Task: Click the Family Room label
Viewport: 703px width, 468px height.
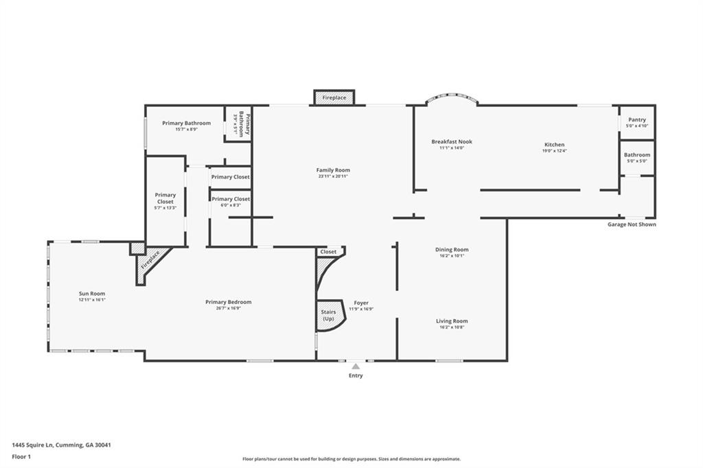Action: coord(333,170)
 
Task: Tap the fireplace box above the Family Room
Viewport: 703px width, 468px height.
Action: coord(334,98)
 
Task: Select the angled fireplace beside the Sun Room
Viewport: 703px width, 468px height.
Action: coord(150,261)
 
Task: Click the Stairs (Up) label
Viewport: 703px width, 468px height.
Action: coord(328,315)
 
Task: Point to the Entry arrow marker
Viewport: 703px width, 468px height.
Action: coord(356,366)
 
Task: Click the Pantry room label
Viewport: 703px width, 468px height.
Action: coord(636,119)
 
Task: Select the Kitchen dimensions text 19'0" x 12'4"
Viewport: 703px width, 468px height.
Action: coord(554,151)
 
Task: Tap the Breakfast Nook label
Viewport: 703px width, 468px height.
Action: coord(452,141)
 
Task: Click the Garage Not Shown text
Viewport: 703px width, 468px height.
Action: coord(631,224)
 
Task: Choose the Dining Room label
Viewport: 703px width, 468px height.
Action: coord(452,250)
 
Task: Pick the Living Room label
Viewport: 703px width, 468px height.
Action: coord(452,321)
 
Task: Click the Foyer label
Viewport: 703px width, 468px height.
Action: coord(361,303)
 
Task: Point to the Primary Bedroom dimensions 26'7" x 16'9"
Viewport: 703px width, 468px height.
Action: coord(228,308)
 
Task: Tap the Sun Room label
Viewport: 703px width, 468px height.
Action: coord(91,293)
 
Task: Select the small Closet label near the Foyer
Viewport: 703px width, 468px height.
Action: coord(328,252)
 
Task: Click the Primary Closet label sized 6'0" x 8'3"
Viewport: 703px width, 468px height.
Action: coord(231,199)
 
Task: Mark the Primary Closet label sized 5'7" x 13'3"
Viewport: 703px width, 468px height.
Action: coord(165,198)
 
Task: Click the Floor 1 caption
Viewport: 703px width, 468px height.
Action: coord(22,456)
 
